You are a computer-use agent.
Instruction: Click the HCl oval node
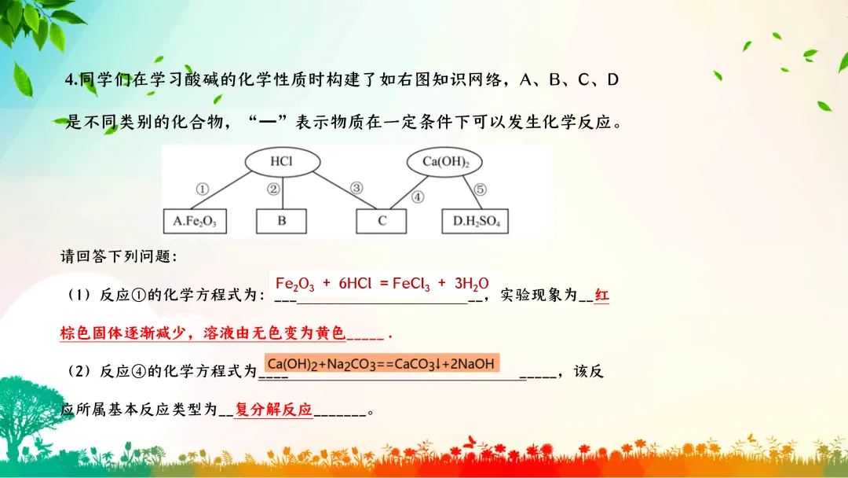(x=282, y=162)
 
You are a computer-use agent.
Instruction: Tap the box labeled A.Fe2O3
(x=194, y=222)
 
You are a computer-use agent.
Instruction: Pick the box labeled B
(x=282, y=222)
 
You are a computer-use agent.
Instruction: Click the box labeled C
(x=382, y=222)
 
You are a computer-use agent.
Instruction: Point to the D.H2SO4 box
(x=476, y=222)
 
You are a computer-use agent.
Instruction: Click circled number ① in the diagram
(x=202, y=189)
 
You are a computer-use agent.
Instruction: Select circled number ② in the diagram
(x=273, y=189)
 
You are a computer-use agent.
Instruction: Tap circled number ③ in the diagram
(x=356, y=189)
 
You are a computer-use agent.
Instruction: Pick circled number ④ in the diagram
(x=418, y=197)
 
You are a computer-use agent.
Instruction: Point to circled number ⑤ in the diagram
(x=481, y=189)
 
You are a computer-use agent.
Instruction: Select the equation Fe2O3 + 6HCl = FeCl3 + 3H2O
(x=382, y=285)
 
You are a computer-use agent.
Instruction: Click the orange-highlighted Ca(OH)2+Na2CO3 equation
(x=381, y=363)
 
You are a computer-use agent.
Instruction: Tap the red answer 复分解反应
(x=273, y=410)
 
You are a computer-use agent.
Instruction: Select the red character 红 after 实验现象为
(x=601, y=296)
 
